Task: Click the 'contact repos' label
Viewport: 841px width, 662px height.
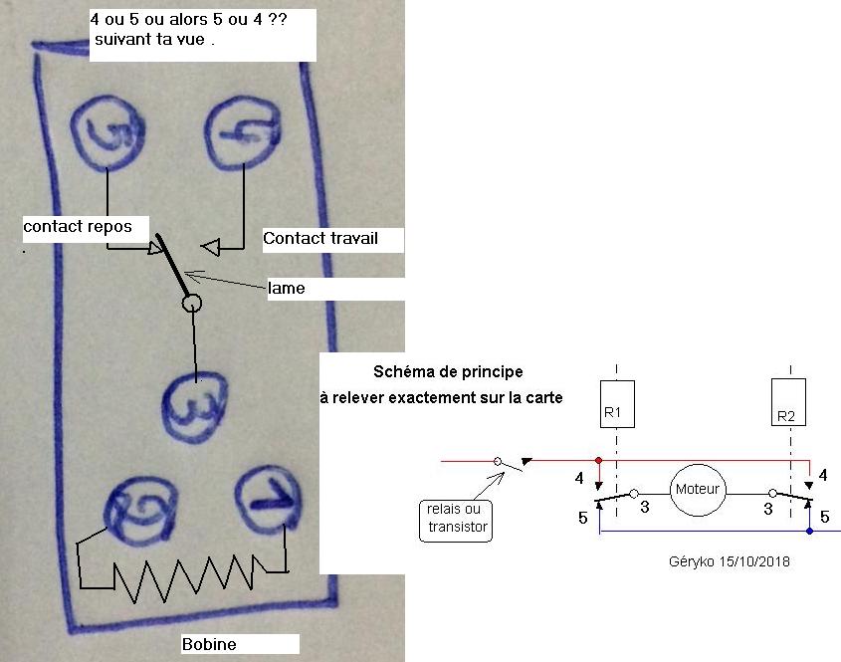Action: pyautogui.click(x=78, y=226)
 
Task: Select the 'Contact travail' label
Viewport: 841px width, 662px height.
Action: pyautogui.click(x=320, y=238)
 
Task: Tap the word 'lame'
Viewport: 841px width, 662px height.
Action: pyautogui.click(x=287, y=288)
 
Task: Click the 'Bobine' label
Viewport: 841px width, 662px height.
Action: pyautogui.click(x=209, y=644)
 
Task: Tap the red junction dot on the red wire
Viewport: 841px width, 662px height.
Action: pyautogui.click(x=598, y=460)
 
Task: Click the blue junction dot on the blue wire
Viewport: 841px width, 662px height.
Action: pyautogui.click(x=809, y=532)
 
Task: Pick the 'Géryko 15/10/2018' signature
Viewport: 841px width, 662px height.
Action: pyautogui.click(x=729, y=561)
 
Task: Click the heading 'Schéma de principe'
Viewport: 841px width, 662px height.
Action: pyautogui.click(x=448, y=371)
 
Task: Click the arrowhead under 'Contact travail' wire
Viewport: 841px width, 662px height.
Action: pyautogui.click(x=211, y=247)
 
